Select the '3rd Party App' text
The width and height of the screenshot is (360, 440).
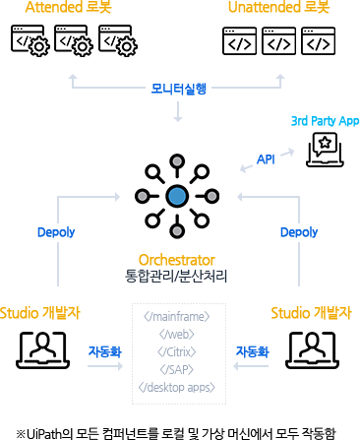click(325, 121)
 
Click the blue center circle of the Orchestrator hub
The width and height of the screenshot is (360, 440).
click(177, 196)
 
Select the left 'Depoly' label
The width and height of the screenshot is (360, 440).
click(56, 233)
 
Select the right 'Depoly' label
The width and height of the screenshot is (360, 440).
click(299, 233)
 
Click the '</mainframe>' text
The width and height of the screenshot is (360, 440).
click(177, 317)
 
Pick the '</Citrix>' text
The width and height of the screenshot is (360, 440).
click(177, 351)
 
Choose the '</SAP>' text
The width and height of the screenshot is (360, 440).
click(177, 369)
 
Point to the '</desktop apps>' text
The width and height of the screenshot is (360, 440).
click(177, 387)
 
